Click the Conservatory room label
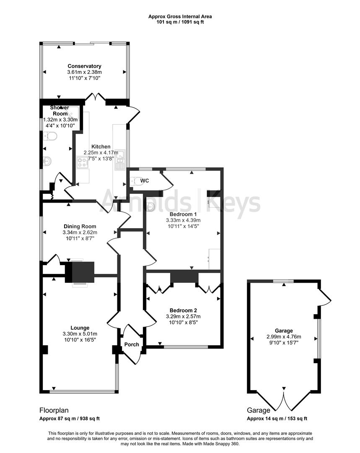coord(84,66)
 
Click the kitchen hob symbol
coord(82,162)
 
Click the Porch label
coord(131,344)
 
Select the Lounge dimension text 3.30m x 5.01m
coord(79,334)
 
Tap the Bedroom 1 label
coord(183,214)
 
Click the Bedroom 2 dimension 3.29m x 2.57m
coord(183,316)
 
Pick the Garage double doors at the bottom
coord(284,401)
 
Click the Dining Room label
coord(80,226)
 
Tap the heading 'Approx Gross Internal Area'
coord(180,16)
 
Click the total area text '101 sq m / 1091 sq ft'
coord(180,22)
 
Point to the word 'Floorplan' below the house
coord(54,410)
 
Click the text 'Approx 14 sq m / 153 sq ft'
coord(277,419)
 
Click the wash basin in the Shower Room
coord(47,161)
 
